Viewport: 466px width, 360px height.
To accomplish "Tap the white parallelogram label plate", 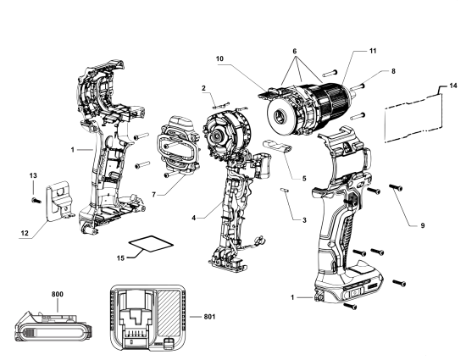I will (x=151, y=245).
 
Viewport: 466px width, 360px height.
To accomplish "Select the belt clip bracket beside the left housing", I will (x=58, y=202).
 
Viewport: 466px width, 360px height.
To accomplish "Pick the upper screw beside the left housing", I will (x=142, y=136).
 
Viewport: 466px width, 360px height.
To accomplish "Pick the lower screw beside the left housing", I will (x=143, y=164).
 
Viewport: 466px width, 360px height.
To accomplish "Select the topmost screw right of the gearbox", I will (x=330, y=74).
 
